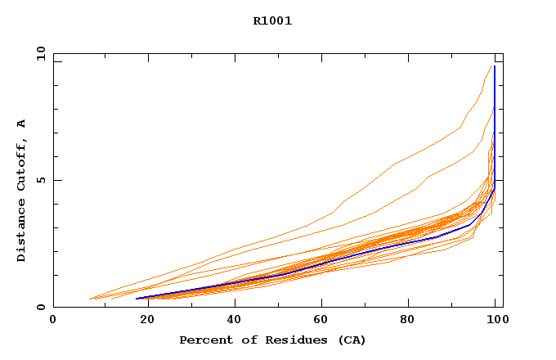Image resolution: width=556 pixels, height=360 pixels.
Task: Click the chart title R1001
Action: click(272, 21)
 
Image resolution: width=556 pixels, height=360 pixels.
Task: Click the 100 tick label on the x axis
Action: click(495, 320)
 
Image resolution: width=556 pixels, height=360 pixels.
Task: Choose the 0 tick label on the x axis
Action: click(54, 320)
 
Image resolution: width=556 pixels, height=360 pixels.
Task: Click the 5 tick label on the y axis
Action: click(42, 180)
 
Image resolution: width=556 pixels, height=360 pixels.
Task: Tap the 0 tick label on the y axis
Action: click(42, 308)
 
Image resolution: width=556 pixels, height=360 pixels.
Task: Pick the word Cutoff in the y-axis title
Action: click(21, 163)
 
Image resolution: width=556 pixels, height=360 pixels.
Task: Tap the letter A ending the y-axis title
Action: click(21, 124)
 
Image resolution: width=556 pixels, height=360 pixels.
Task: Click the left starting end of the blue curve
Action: click(137, 299)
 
